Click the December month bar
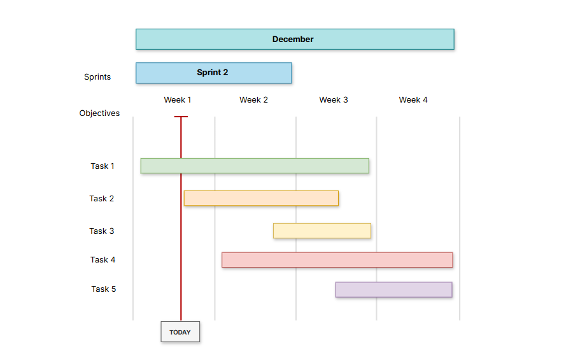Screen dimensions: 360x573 [295, 39]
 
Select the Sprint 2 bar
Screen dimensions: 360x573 [213, 73]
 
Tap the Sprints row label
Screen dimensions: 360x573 [97, 77]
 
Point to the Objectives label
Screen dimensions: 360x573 [99, 113]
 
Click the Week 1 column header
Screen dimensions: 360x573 [177, 100]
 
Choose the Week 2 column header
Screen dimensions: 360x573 [253, 100]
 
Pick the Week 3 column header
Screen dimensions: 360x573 [333, 100]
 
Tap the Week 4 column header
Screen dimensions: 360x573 [413, 100]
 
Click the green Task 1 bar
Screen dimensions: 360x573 [255, 166]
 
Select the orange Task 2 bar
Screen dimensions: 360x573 [261, 198]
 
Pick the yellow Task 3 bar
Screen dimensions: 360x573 [322, 231]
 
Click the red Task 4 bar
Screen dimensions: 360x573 [337, 260]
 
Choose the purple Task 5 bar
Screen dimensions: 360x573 [393, 289]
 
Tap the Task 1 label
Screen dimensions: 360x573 [103, 166]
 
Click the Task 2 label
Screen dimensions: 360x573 [102, 199]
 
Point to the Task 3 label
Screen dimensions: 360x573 [102, 231]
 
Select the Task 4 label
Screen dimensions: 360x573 [103, 260]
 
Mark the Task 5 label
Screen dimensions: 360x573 [103, 289]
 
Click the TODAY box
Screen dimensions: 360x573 [180, 332]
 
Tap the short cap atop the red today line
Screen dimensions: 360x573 [181, 117]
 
